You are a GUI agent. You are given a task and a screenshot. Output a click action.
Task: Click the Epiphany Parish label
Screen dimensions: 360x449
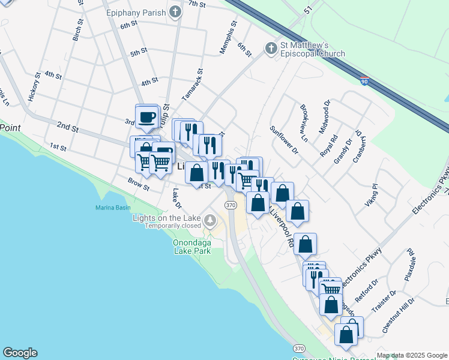click(134, 13)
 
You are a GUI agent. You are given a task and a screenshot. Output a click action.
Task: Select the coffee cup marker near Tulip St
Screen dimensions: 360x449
click(146, 116)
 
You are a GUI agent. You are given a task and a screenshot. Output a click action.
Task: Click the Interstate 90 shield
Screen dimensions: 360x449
click(364, 80)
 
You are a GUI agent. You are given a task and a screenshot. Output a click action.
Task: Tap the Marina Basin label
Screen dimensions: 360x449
click(113, 208)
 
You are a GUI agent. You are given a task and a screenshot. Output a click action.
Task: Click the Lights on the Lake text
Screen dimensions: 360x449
click(167, 217)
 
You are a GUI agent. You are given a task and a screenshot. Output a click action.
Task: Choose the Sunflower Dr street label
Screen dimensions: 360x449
click(284, 140)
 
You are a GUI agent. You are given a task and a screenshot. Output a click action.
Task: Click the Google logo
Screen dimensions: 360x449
click(20, 353)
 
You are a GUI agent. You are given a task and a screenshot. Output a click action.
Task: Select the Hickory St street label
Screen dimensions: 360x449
click(34, 86)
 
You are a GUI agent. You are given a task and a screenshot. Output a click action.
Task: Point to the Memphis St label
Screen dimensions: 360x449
click(229, 37)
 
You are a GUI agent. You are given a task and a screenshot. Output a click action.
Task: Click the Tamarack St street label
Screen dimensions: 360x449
click(193, 84)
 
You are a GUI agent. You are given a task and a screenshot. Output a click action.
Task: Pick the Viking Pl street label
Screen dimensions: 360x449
click(372, 196)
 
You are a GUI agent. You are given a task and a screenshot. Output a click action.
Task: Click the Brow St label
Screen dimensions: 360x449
click(138, 183)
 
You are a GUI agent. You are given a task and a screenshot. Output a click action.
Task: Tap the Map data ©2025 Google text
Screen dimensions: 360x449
click(412, 355)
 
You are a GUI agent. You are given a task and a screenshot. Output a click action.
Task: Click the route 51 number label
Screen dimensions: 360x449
click(309, 11)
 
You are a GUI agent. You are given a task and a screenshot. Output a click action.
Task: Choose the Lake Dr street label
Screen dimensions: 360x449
click(176, 199)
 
